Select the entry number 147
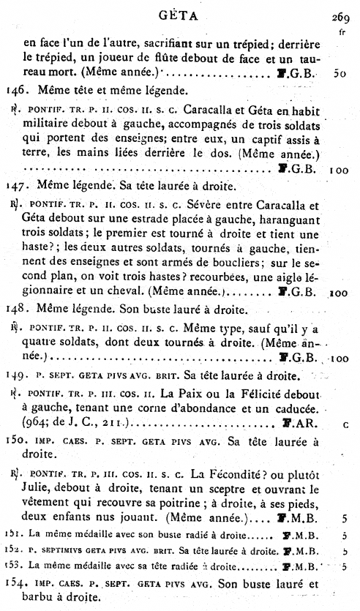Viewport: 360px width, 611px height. pyautogui.click(x=15, y=185)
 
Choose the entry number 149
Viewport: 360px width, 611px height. pyautogui.click(x=15, y=377)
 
